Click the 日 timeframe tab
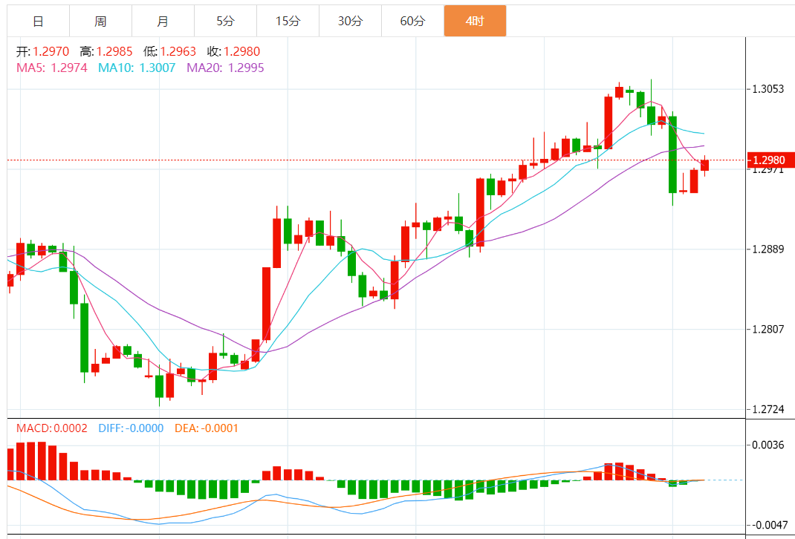[38, 21]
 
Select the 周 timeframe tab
[100, 21]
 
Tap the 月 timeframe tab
[163, 21]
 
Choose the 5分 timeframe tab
[225, 21]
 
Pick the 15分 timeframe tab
[288, 21]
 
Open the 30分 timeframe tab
[350, 21]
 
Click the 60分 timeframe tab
[412, 21]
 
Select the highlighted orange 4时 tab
[475, 21]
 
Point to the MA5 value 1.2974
[69, 68]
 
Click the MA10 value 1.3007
[158, 68]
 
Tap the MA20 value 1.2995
[246, 68]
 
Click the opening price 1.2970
[51, 52]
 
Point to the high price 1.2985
[115, 52]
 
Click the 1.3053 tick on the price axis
[768, 89]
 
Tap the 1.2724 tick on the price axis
[768, 409]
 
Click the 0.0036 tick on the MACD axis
[768, 445]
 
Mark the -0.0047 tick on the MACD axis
[768, 525]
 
